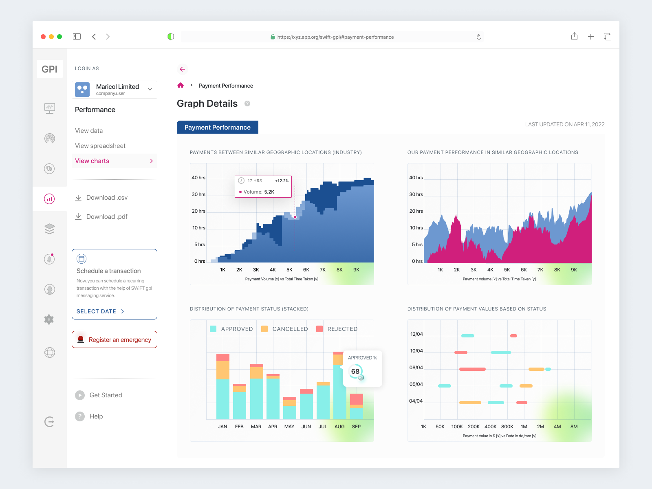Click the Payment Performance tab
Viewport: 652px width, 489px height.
[x=217, y=127]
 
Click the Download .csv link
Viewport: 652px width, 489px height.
[x=106, y=198]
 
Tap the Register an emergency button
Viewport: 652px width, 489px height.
[x=115, y=339]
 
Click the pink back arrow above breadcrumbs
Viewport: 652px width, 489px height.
[x=182, y=69]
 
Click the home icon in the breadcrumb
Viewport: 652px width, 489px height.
[x=181, y=86]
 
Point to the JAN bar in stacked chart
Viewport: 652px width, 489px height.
[x=223, y=391]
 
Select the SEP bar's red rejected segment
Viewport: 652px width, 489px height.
[x=357, y=399]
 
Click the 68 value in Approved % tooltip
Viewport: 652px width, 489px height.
[x=355, y=371]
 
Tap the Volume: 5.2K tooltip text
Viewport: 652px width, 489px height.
[x=259, y=192]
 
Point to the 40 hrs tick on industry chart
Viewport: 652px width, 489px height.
[x=198, y=178]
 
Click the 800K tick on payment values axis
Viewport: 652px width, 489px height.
[x=507, y=427]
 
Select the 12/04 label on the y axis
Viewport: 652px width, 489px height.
[x=416, y=334]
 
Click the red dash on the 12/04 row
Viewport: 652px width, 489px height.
[x=514, y=336]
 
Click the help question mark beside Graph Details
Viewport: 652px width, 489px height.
[x=247, y=104]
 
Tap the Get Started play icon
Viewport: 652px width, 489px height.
[x=80, y=395]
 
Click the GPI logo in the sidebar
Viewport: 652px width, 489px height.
[x=50, y=69]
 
